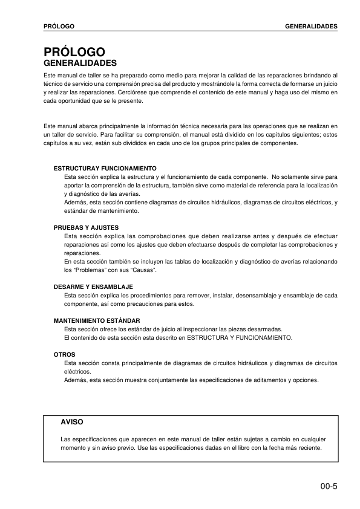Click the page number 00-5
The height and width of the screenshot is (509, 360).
(x=329, y=485)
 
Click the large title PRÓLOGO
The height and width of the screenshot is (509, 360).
(x=70, y=53)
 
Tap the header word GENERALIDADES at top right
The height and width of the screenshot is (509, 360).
(x=311, y=27)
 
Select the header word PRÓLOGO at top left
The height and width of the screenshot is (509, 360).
(x=59, y=27)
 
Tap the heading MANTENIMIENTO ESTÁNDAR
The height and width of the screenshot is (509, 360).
(x=97, y=320)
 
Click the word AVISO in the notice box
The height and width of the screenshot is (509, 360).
(x=72, y=421)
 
